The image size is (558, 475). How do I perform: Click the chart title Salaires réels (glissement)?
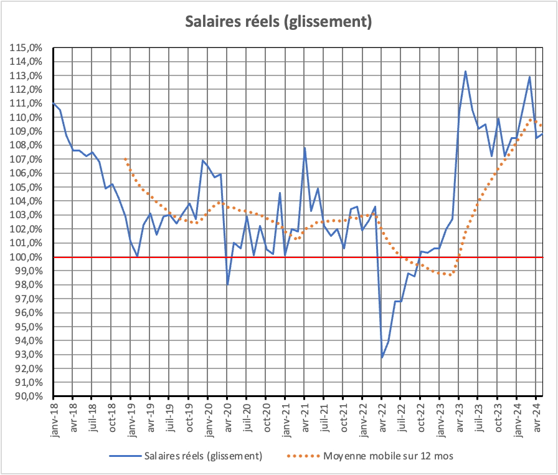coord(279,22)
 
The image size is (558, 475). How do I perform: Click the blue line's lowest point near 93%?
coord(382,357)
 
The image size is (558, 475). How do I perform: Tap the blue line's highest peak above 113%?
coord(465,71)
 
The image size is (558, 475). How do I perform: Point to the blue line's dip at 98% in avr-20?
coord(227,284)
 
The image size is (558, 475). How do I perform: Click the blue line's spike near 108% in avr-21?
coord(305,148)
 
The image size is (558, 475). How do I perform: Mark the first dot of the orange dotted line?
coord(125,159)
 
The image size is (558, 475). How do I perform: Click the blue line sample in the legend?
coord(125,456)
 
